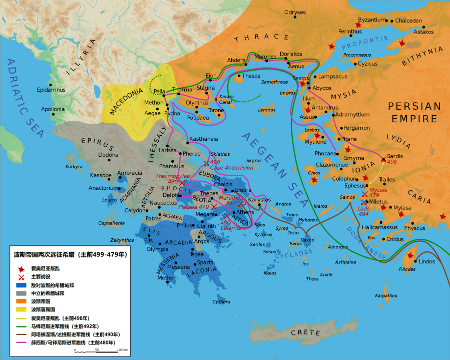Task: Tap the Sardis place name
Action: click(x=394, y=156)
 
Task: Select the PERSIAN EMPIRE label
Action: click(x=415, y=112)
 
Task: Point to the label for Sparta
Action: click(x=205, y=262)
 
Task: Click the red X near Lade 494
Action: click(x=363, y=202)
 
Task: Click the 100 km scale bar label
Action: click(x=122, y=349)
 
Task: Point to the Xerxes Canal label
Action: click(x=226, y=99)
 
